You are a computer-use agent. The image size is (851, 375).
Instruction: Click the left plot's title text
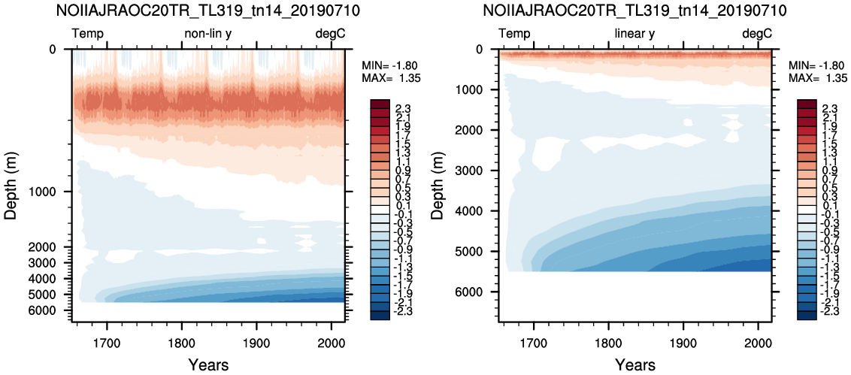click(x=208, y=10)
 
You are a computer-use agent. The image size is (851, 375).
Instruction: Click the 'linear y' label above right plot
click(x=635, y=34)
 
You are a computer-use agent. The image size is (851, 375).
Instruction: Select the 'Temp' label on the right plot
click(x=514, y=34)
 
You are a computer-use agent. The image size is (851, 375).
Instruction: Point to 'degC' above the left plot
click(x=331, y=34)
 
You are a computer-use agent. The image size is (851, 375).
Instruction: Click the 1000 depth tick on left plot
click(x=53, y=192)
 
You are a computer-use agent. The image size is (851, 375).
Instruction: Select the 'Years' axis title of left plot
click(x=208, y=364)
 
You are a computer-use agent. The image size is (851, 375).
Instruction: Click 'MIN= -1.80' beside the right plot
click(x=818, y=66)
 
